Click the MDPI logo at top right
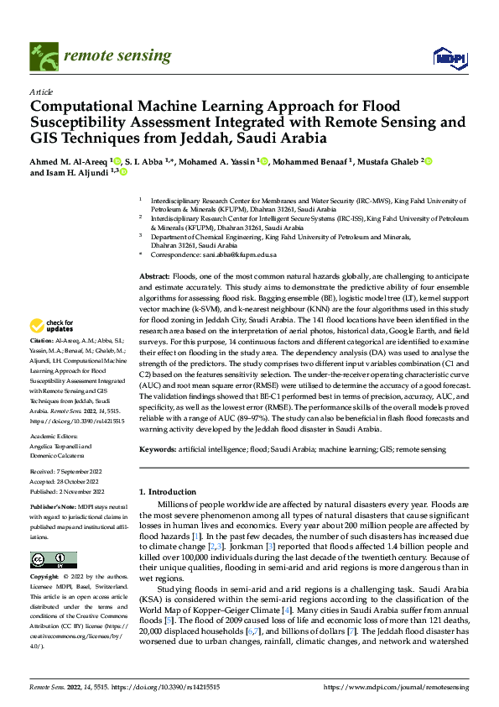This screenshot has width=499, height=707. point(448,57)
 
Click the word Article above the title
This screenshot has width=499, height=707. point(40,92)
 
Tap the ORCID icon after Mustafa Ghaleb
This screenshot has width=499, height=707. point(429,161)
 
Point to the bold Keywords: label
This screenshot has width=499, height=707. point(158,450)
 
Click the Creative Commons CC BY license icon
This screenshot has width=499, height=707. point(53,559)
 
